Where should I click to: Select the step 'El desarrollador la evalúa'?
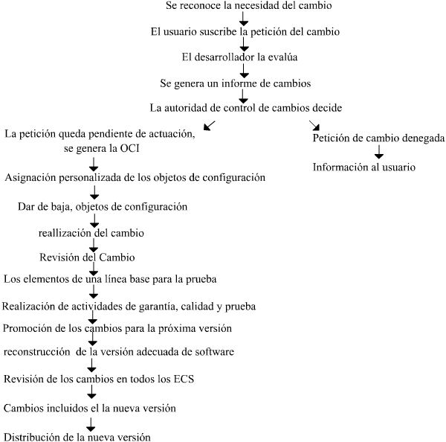pos(244,57)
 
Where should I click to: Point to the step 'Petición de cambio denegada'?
pos(378,138)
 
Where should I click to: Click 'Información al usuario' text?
pos(363,167)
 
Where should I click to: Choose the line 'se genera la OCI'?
pos(98,148)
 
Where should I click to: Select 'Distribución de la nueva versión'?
pos(77,436)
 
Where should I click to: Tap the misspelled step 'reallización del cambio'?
pos(91,233)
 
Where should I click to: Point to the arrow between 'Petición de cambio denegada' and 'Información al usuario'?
pos(378,153)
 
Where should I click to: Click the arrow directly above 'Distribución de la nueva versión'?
pos(91,423)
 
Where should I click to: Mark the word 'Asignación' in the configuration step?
pos(28,177)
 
